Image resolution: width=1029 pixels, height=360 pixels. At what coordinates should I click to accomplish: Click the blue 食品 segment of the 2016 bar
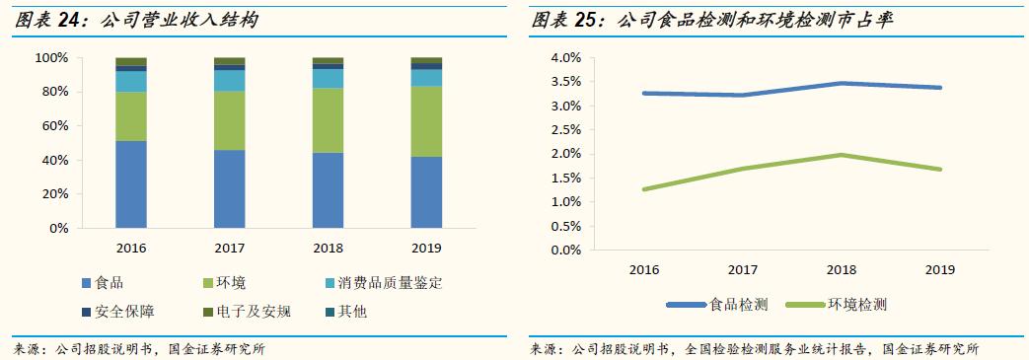click(x=131, y=184)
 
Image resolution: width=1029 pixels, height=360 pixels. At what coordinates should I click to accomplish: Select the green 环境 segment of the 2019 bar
click(x=426, y=121)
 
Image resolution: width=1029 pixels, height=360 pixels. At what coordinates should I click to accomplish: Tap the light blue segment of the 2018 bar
click(x=328, y=78)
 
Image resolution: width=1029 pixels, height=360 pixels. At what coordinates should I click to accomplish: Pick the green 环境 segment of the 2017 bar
click(x=230, y=120)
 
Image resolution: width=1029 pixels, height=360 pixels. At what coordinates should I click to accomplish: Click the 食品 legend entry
click(x=103, y=283)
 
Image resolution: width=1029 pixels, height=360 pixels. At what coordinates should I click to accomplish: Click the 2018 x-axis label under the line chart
click(x=842, y=269)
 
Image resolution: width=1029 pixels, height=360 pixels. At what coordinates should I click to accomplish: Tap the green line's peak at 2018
click(x=842, y=155)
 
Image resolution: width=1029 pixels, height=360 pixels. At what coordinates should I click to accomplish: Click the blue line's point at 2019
click(x=940, y=88)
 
